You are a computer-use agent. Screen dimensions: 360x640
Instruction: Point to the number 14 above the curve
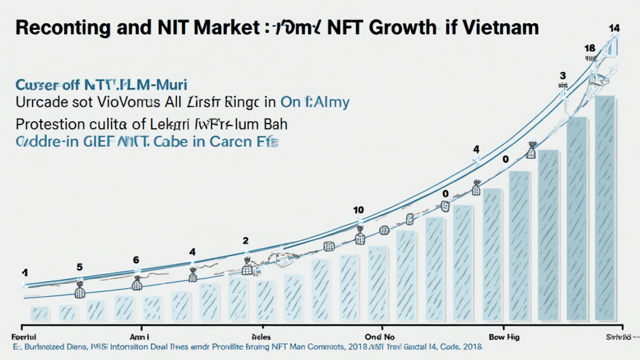pos(614,28)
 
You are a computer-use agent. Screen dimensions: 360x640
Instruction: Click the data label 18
pos(589,48)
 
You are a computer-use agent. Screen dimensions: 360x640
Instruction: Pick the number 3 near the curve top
pos(562,76)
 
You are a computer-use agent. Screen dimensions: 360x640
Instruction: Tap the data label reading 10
pos(358,209)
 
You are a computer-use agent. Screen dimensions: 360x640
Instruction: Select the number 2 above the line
pos(246,241)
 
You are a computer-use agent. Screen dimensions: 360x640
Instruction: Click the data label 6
pos(136,260)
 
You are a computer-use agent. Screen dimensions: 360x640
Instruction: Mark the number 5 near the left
pos(79,267)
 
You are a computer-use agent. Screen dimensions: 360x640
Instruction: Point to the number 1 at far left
pos(25,272)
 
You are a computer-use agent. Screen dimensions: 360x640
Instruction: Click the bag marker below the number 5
pos(80,289)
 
